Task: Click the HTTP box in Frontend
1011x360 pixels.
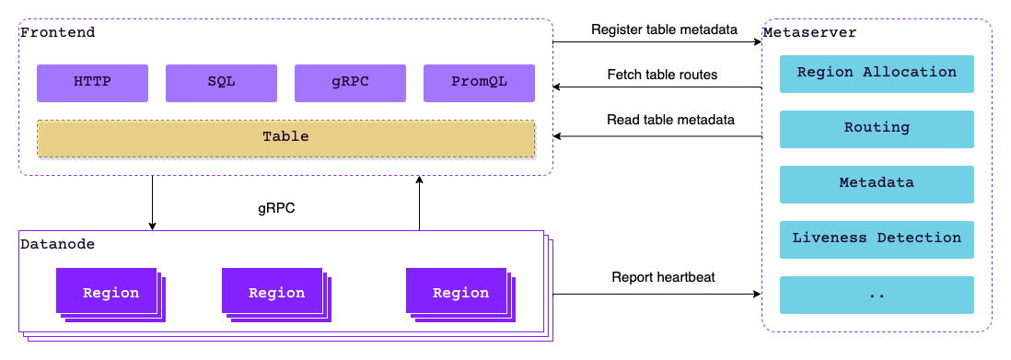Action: point(92,82)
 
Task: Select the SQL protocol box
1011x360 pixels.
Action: point(221,82)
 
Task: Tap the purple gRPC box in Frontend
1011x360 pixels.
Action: point(350,82)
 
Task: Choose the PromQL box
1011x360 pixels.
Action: point(479,82)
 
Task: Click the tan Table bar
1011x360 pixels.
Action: point(285,137)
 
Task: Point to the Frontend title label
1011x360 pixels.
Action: point(57,32)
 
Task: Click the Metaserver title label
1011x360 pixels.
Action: point(809,32)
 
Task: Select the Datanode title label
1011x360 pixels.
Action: point(57,244)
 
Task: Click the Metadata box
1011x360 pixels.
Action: point(877,183)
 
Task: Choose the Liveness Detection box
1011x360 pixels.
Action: point(877,238)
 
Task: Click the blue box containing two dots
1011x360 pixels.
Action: point(877,294)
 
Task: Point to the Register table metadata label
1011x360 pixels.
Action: point(664,29)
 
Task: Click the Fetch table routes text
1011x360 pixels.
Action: point(662,74)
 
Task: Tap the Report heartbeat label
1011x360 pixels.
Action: point(663,277)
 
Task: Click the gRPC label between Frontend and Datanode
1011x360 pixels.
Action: point(277,208)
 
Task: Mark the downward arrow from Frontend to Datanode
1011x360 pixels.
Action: point(152,203)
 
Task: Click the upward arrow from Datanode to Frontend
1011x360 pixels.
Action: point(419,203)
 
